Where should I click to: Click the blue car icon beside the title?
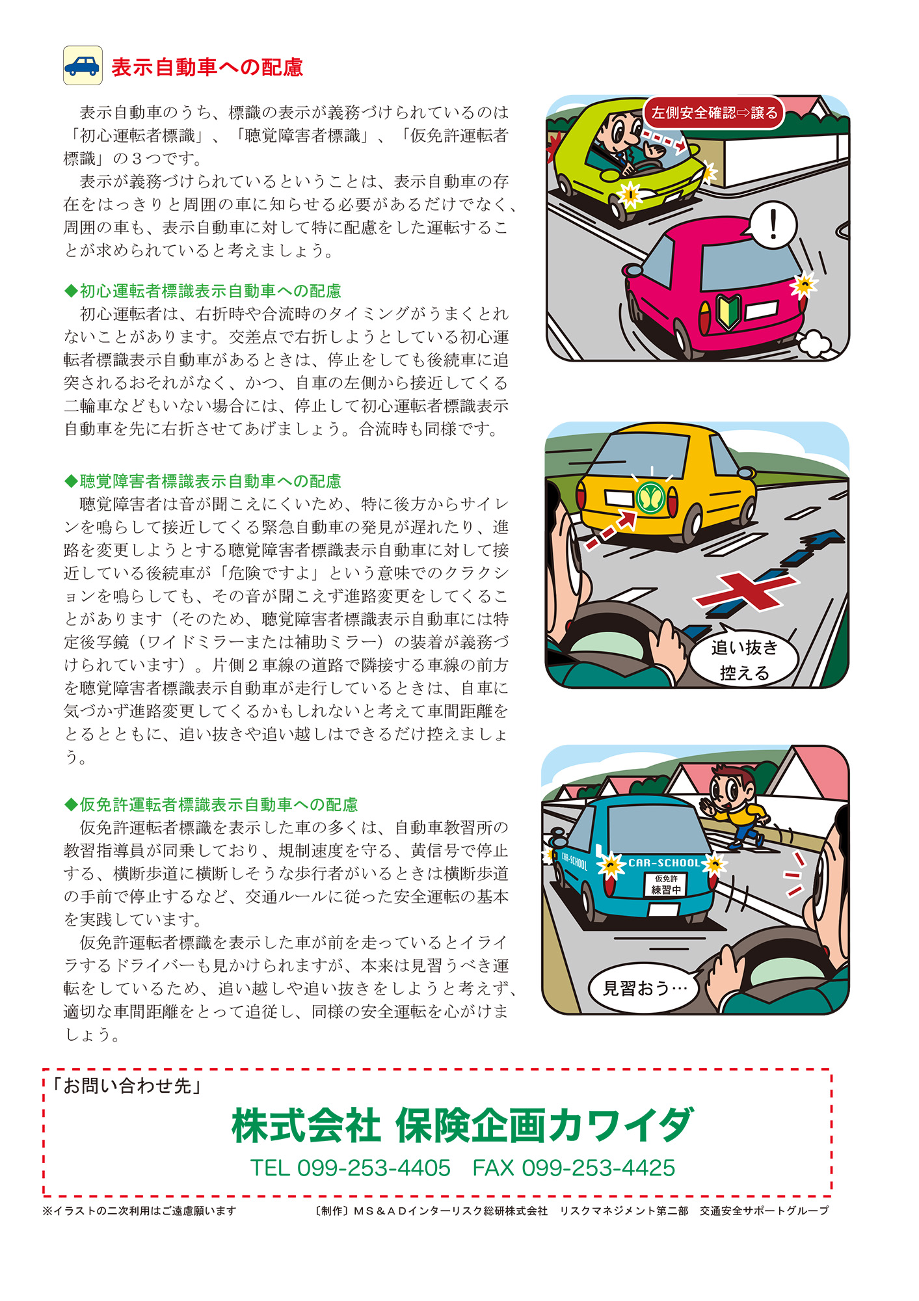click(x=83, y=66)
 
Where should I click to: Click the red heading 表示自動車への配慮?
click(x=207, y=68)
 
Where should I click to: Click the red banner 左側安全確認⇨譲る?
click(x=714, y=113)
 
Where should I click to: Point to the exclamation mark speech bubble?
click(x=773, y=225)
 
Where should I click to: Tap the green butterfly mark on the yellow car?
click(x=650, y=498)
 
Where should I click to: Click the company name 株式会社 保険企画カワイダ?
click(x=462, y=1126)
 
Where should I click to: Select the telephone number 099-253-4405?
click(x=373, y=1168)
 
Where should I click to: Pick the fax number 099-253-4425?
click(x=598, y=1168)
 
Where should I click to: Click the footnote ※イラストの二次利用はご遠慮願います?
click(x=139, y=1211)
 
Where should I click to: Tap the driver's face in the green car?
click(x=621, y=130)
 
